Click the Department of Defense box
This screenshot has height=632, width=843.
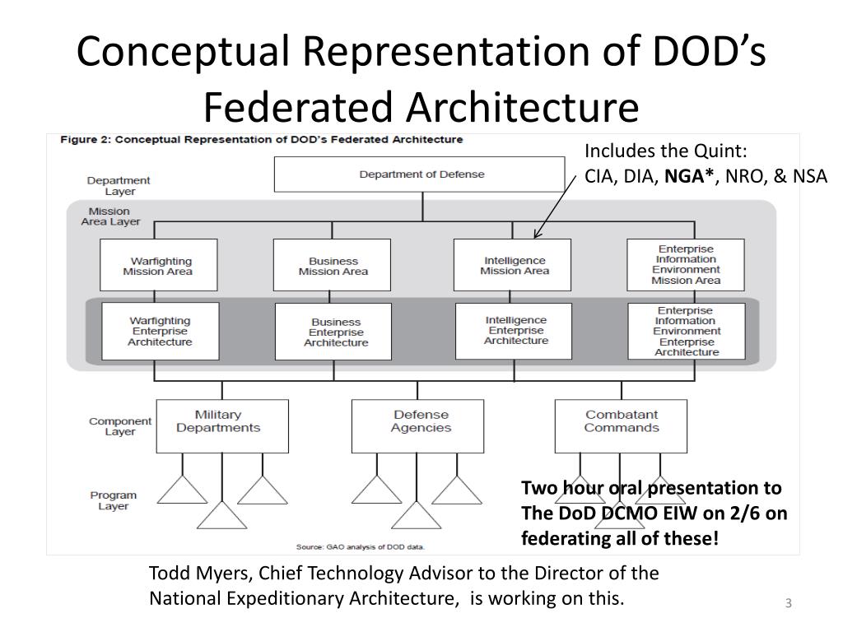click(421, 174)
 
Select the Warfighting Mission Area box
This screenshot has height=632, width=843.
click(158, 265)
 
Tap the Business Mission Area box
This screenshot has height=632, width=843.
click(333, 265)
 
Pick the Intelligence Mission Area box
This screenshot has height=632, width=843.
click(514, 265)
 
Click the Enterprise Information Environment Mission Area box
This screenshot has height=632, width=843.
click(685, 265)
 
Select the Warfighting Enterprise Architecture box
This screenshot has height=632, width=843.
click(161, 331)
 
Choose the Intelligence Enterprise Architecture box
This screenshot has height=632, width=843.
click(515, 330)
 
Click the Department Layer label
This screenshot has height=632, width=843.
click(119, 185)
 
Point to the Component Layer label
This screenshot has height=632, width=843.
click(120, 426)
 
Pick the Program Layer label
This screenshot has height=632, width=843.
click(114, 500)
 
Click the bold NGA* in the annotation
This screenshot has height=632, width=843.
click(688, 174)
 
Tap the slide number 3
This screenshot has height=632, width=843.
click(788, 604)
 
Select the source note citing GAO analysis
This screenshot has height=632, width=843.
click(361, 546)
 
